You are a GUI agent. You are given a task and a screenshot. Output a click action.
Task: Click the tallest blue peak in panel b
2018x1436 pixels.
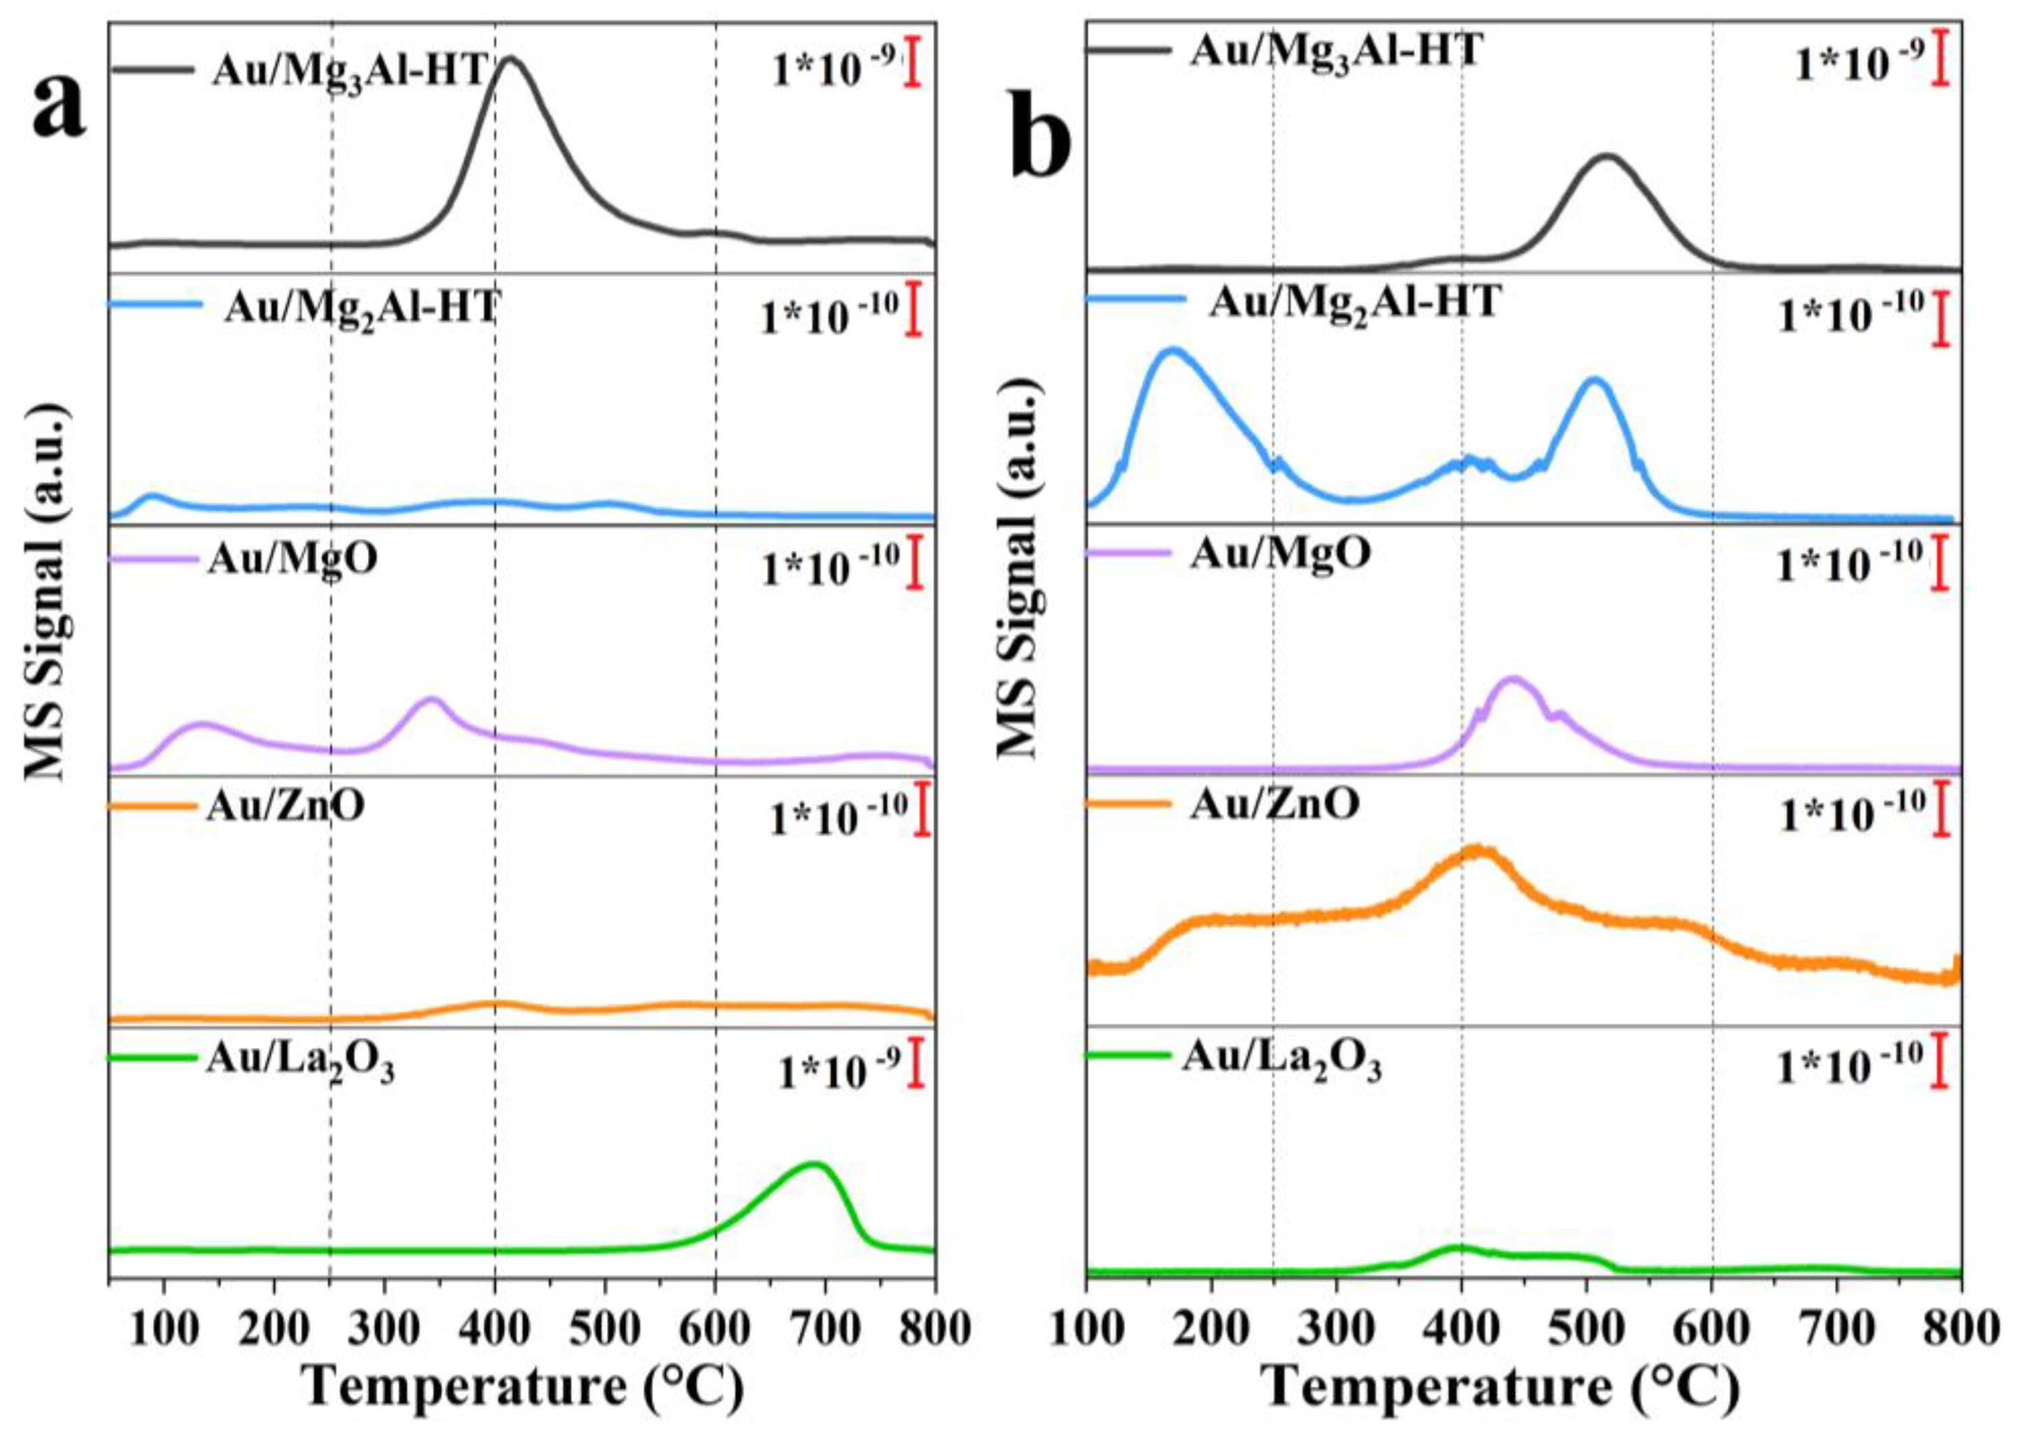coord(1173,351)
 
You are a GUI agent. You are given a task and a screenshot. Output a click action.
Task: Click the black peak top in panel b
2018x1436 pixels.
coord(1608,157)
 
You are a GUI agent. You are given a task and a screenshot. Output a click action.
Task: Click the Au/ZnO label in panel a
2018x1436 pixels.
coord(286,805)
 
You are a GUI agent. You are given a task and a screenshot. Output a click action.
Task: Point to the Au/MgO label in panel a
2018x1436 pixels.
coord(292,559)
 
